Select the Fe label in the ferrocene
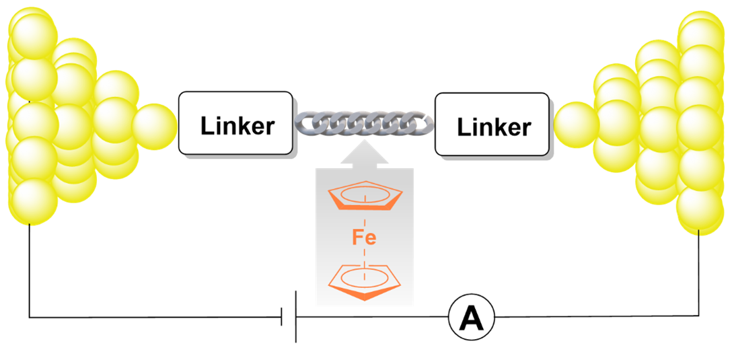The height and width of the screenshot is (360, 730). click(364, 238)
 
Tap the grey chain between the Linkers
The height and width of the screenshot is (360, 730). click(364, 124)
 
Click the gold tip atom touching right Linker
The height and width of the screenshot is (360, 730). click(576, 124)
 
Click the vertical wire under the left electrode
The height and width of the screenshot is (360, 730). click(30, 269)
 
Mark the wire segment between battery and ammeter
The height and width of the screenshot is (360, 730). click(370, 317)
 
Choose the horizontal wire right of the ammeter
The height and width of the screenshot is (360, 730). click(592, 317)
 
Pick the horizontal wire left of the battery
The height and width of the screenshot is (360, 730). click(155, 317)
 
